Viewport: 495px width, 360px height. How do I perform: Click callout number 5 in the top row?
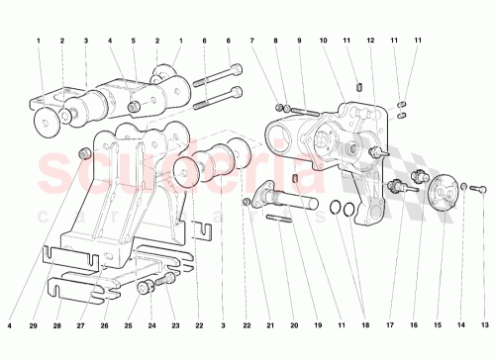(133, 41)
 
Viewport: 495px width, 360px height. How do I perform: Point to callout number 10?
(324, 41)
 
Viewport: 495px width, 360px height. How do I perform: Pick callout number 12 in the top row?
(370, 41)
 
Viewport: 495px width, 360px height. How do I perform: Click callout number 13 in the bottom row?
(485, 325)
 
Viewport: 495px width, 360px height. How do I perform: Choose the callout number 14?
(461, 325)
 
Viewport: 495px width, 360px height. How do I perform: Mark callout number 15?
(437, 325)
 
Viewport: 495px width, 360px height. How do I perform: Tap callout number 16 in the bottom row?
(413, 325)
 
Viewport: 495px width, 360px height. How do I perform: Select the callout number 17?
(389, 325)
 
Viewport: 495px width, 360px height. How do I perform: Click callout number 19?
(317, 325)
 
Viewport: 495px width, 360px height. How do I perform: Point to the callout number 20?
(293, 325)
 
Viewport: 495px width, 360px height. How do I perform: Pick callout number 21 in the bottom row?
(268, 325)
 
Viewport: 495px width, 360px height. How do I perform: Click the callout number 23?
(174, 325)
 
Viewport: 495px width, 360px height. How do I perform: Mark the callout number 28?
(55, 325)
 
